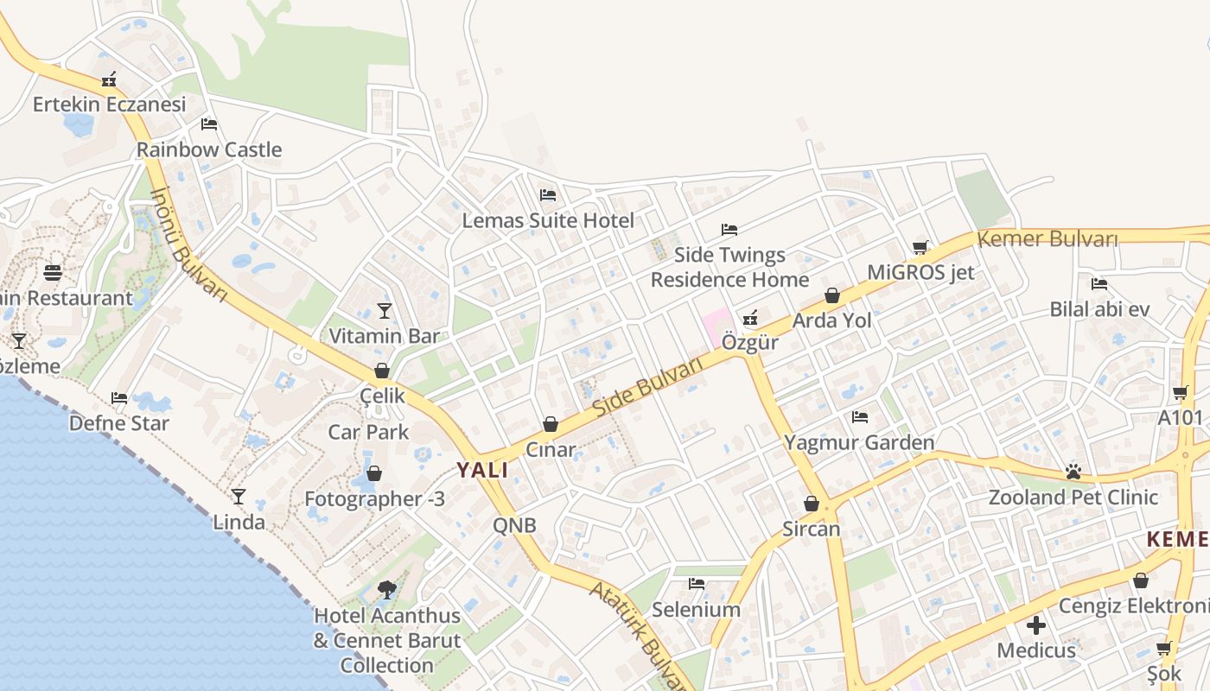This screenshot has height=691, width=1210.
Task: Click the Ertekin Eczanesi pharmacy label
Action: pyautogui.click(x=109, y=105)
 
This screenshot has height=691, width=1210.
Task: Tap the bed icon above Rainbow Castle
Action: pyautogui.click(x=208, y=124)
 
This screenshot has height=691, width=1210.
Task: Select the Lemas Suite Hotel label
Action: pyautogui.click(x=548, y=220)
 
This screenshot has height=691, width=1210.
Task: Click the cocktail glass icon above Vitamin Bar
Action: pyautogui.click(x=385, y=310)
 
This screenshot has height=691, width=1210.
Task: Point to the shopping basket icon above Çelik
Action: pyautogui.click(x=381, y=371)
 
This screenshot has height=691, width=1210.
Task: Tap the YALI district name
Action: pyautogui.click(x=482, y=470)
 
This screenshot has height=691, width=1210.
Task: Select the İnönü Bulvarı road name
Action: pyautogui.click(x=188, y=245)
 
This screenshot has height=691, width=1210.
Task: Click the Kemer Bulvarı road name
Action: pyautogui.click(x=1048, y=239)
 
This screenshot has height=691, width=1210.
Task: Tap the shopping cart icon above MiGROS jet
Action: pyautogui.click(x=920, y=247)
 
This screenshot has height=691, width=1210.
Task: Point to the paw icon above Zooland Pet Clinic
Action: pyautogui.click(x=1073, y=472)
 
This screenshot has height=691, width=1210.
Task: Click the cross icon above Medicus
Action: pyautogui.click(x=1035, y=624)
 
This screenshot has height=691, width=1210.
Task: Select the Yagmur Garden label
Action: pyautogui.click(x=859, y=442)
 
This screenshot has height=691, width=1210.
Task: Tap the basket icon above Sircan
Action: pyautogui.click(x=811, y=503)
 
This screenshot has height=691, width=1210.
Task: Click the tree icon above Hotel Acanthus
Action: pyautogui.click(x=386, y=590)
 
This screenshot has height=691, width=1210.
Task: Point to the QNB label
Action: pyautogui.click(x=514, y=525)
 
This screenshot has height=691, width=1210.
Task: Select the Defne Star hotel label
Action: pyautogui.click(x=119, y=423)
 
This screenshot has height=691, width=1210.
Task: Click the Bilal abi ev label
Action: pyautogui.click(x=1099, y=309)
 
